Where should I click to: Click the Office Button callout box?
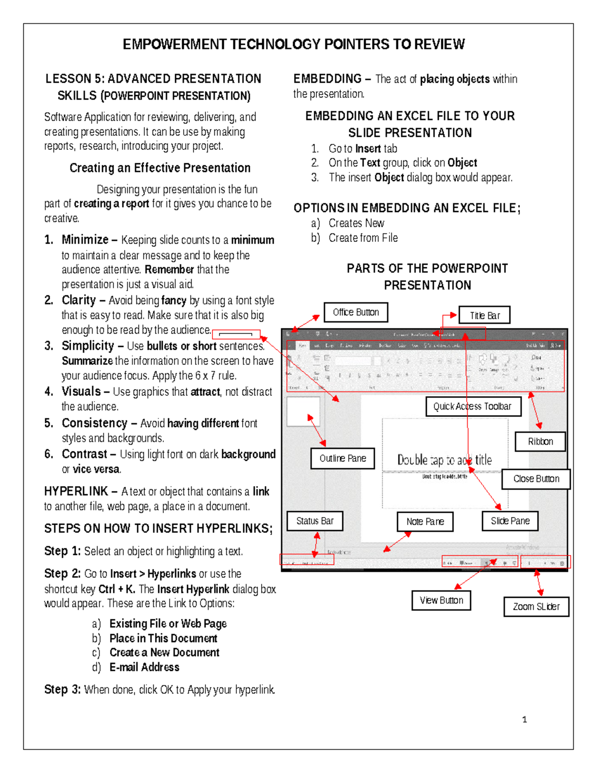click(356, 312)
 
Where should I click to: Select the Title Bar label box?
click(485, 315)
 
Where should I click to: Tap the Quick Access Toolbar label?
click(473, 406)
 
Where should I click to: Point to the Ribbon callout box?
click(540, 442)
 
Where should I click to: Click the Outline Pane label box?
click(343, 458)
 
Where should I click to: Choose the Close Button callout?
click(536, 479)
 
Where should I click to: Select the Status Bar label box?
click(314, 521)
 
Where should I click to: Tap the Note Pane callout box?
click(425, 522)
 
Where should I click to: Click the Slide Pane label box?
click(510, 521)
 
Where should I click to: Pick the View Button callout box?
click(441, 600)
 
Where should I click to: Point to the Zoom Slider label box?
click(536, 607)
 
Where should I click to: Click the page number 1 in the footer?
click(524, 719)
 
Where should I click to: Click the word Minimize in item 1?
click(85, 240)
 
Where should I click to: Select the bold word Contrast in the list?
click(85, 454)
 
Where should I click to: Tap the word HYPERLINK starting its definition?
click(76, 491)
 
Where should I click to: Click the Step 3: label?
click(62, 689)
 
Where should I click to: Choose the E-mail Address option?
click(144, 667)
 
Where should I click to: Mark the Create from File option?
click(363, 238)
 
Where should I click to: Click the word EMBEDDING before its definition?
click(327, 79)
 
